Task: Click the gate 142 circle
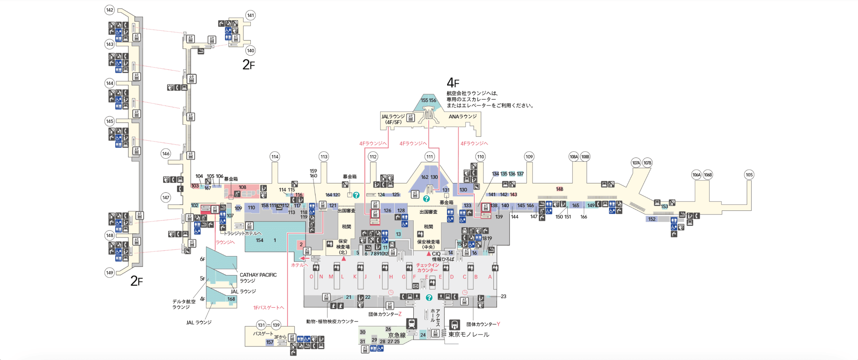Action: (x=110, y=10)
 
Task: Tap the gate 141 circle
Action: (x=250, y=15)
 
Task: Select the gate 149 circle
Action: (x=110, y=273)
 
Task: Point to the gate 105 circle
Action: (x=749, y=175)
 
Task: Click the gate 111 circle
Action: (x=430, y=157)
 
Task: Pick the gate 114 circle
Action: (x=275, y=157)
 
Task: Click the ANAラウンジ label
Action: (x=463, y=117)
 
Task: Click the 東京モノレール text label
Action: (x=469, y=335)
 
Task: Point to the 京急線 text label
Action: (x=397, y=335)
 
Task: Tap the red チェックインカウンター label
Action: (x=427, y=267)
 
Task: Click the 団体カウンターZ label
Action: (x=385, y=314)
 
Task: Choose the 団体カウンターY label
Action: (x=483, y=324)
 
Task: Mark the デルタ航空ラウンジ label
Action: (x=184, y=304)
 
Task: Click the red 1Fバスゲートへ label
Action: (x=268, y=308)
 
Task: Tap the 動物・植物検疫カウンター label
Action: (x=332, y=321)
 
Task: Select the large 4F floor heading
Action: (x=453, y=82)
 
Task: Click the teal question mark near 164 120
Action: (x=356, y=195)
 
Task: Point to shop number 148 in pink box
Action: (x=559, y=189)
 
